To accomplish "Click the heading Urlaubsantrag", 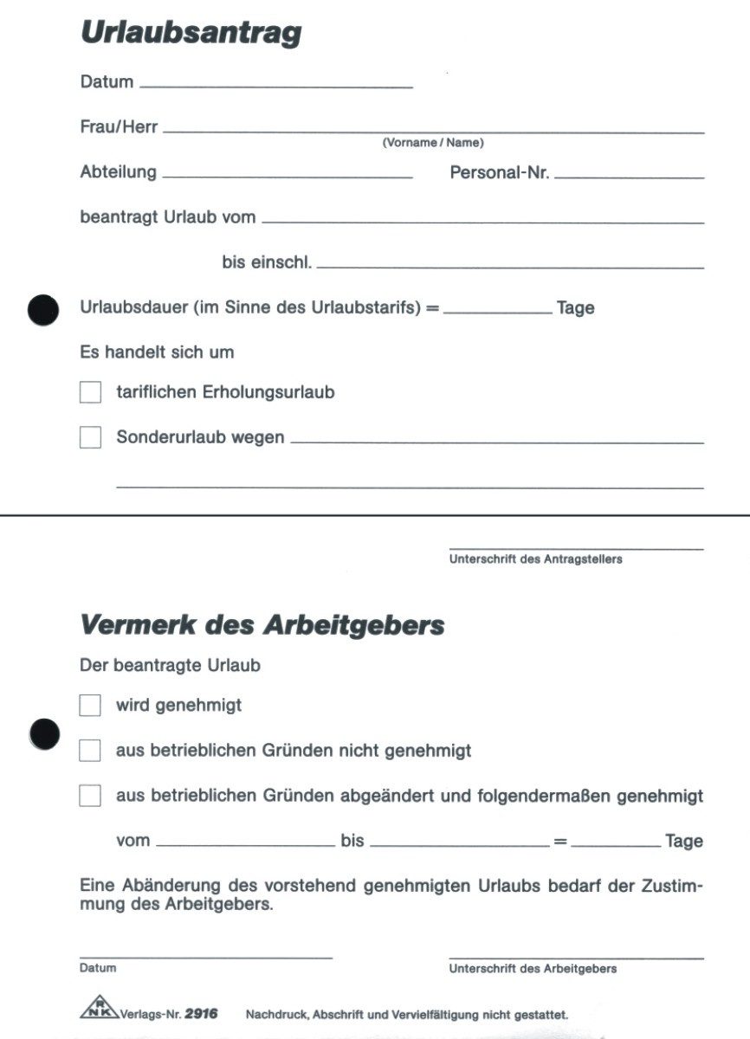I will click(x=191, y=34).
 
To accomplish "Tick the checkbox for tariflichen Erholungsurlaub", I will click(x=90, y=392).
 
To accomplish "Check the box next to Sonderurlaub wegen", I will click(x=90, y=437).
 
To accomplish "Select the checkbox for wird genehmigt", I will click(x=90, y=706).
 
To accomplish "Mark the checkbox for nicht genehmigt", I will click(x=90, y=751).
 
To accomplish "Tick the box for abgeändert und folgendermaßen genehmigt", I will click(x=90, y=796).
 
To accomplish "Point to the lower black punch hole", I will click(x=43, y=734).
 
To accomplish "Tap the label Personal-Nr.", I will click(x=500, y=172).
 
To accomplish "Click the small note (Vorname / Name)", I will click(x=433, y=143).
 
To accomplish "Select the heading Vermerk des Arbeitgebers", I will click(x=262, y=624).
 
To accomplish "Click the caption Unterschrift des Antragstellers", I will click(x=535, y=559).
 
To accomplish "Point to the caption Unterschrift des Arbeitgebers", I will click(x=533, y=969).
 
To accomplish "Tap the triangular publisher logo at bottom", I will click(x=99, y=1010).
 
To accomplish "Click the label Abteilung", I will click(x=119, y=171).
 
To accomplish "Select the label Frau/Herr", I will click(x=119, y=126).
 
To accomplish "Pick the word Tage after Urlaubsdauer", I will click(x=575, y=308).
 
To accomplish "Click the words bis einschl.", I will click(x=267, y=262).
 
